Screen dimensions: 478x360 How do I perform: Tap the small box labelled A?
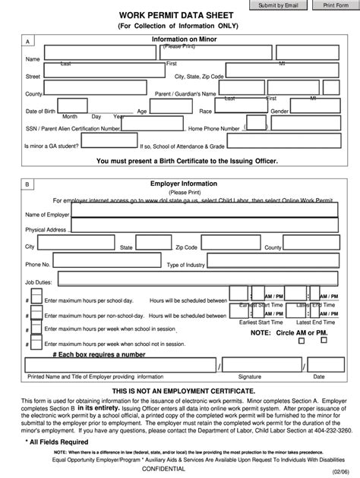(x=29, y=42)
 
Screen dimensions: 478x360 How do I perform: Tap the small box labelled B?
(x=29, y=184)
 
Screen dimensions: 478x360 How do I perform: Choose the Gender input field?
(x=313, y=112)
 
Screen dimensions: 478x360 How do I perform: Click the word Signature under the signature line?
(x=249, y=376)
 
